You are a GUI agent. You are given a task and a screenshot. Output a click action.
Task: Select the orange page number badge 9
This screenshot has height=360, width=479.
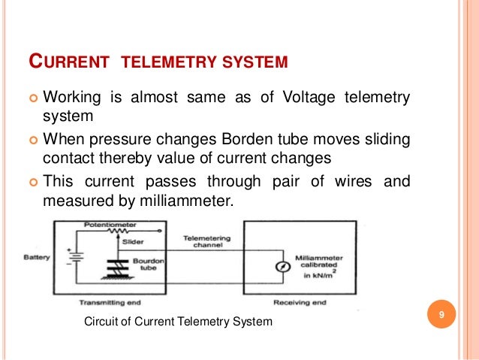pyautogui.click(x=441, y=314)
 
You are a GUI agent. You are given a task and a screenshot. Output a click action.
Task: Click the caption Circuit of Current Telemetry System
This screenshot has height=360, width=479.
pyautogui.click(x=178, y=322)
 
